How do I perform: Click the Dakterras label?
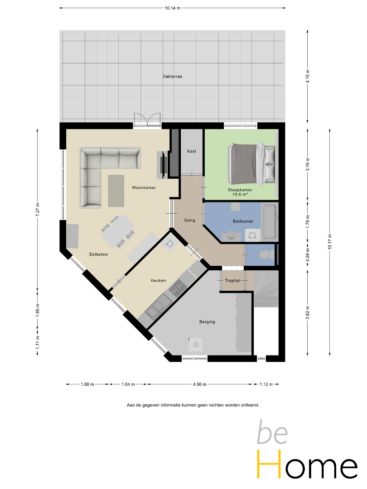point(172,77)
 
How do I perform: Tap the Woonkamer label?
point(144,188)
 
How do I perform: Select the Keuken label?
point(158,281)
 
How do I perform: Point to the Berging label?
point(207,322)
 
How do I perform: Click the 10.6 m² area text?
point(240,194)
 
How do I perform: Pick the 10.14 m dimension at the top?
point(173,8)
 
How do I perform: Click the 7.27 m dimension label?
point(38,210)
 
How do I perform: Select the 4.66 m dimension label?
point(200,384)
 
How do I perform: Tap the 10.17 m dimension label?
point(330,242)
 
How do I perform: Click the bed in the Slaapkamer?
point(252,164)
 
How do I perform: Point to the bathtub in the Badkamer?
point(270,222)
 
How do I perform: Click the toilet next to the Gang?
point(266,255)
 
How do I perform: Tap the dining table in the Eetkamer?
point(118,231)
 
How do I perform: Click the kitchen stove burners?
point(177,287)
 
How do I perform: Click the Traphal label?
point(233,281)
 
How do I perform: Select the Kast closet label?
point(192,151)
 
